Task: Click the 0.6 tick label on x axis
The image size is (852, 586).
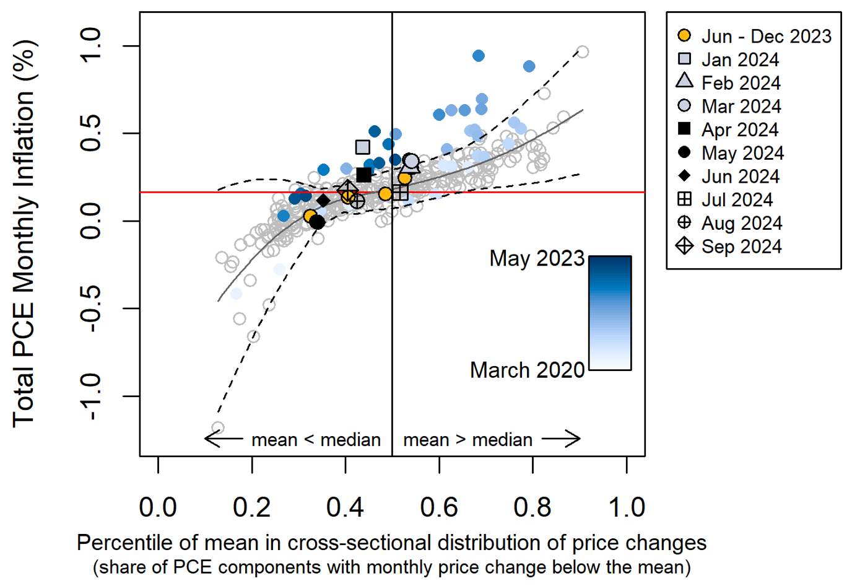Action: tap(438, 507)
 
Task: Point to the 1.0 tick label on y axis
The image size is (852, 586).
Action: tap(91, 46)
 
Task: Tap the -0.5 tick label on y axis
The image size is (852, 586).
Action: tap(91, 308)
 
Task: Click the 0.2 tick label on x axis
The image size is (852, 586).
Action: tap(251, 507)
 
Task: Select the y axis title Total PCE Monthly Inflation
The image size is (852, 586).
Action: tap(25, 234)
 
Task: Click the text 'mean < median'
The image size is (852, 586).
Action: tap(316, 440)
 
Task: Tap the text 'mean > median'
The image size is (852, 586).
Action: tap(467, 440)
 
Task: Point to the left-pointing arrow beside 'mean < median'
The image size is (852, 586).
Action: tap(224, 439)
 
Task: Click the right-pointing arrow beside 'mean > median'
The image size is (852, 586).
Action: tap(561, 439)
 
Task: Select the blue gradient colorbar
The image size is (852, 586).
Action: tap(610, 313)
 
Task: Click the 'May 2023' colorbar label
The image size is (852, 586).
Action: tap(537, 258)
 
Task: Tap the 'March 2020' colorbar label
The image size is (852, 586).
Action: tap(527, 370)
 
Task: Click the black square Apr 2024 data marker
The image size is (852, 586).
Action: tap(364, 175)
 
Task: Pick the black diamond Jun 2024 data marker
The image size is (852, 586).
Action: tap(323, 201)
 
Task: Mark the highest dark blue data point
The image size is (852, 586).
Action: tap(478, 56)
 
